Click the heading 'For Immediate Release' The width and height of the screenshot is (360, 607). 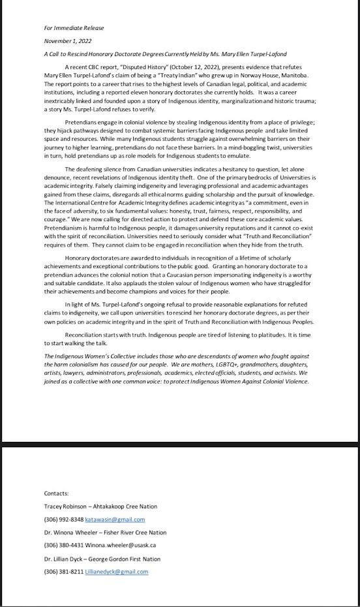click(x=74, y=28)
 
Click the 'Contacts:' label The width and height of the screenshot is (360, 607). click(x=56, y=493)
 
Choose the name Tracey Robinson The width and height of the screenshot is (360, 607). click(x=68, y=506)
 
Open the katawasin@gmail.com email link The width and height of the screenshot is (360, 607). click(x=117, y=520)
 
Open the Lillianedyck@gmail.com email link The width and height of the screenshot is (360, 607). click(x=117, y=572)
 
